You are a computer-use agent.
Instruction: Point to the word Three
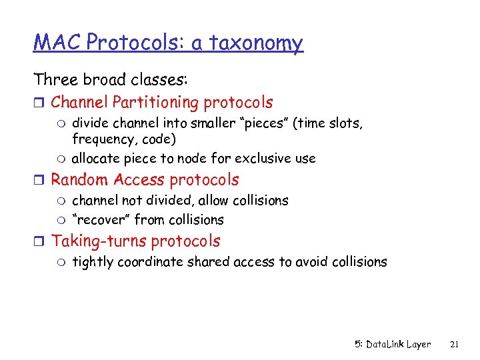(x=58, y=80)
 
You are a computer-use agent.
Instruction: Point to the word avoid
(x=309, y=262)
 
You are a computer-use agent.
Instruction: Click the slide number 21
(x=455, y=344)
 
